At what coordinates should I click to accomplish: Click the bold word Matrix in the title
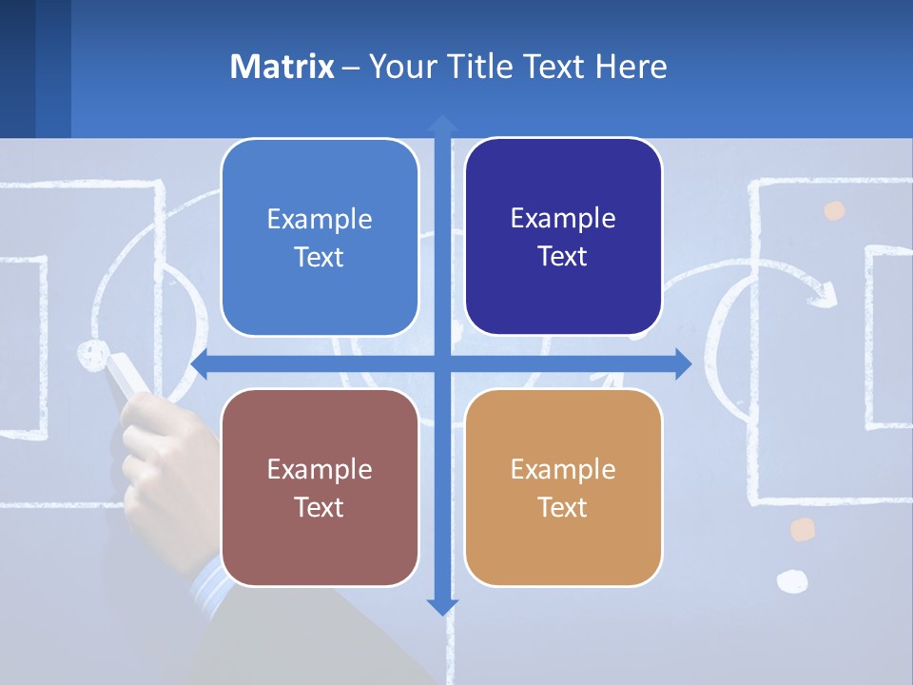(x=282, y=67)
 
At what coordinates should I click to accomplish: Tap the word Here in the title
(x=631, y=67)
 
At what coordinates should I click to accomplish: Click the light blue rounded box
(x=320, y=238)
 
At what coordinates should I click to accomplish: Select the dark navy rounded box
(x=563, y=237)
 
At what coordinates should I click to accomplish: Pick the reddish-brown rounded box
(x=320, y=488)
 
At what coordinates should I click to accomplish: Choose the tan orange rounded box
(x=563, y=488)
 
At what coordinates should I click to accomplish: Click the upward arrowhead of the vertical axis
(x=442, y=123)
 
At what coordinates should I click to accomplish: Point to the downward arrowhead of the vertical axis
(x=442, y=606)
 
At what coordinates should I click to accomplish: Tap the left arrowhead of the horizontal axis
(x=201, y=364)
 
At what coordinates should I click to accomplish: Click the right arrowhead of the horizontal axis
(x=683, y=364)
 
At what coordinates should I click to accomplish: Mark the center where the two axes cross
(x=442, y=364)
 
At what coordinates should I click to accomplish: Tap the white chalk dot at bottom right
(x=791, y=580)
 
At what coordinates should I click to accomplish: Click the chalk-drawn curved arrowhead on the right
(x=824, y=290)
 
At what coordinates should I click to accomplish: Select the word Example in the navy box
(x=563, y=218)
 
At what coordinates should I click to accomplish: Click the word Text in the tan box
(x=563, y=507)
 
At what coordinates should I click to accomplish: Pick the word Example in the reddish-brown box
(x=320, y=469)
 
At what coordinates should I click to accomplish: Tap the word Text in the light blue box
(x=320, y=257)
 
